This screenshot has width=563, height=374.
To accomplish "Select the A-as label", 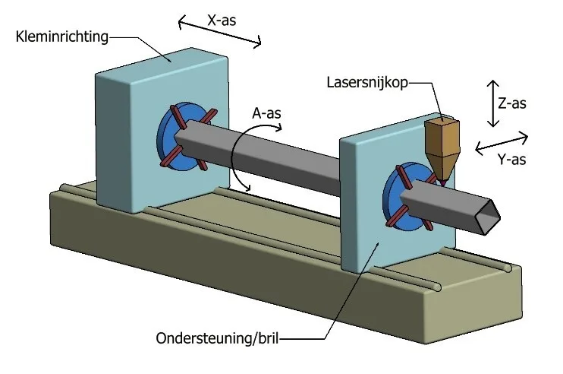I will tap(267, 113).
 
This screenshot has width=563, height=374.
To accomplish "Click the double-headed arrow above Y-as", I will tap(502, 141).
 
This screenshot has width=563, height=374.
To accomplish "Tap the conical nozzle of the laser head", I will tap(441, 168).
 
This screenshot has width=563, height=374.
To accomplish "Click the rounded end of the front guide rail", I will tap(437, 286).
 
